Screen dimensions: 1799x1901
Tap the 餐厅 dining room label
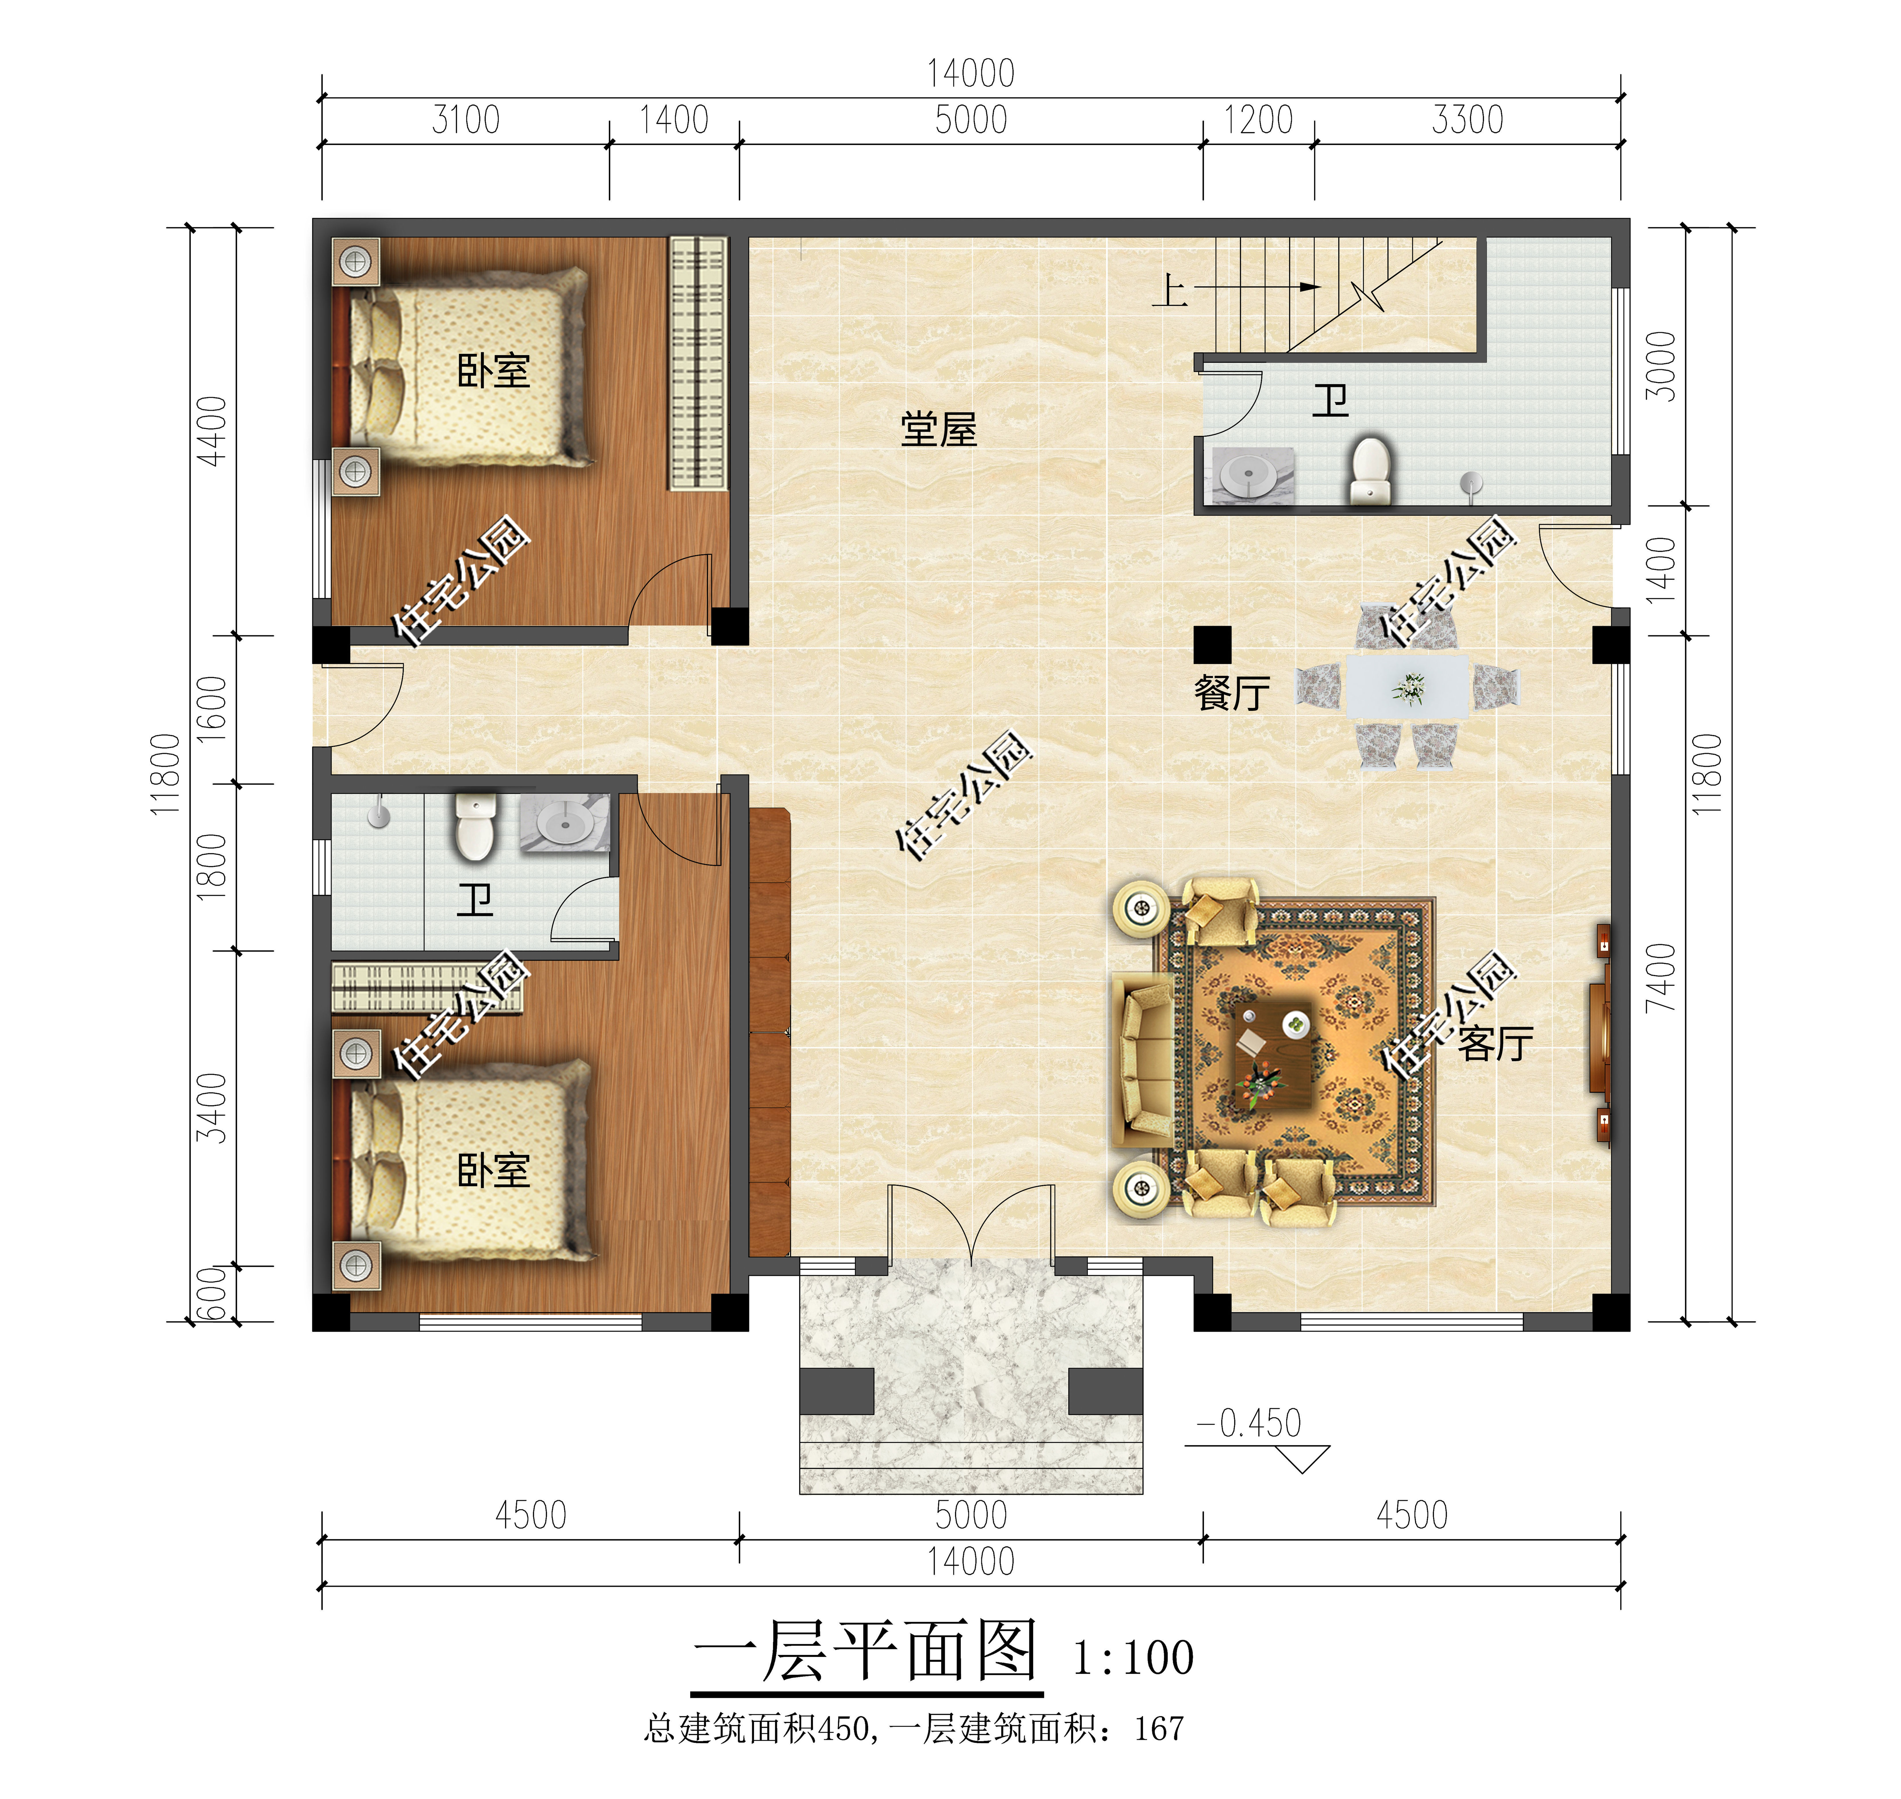pyautogui.click(x=1231, y=692)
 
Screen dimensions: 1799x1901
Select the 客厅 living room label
pyautogui.click(x=1494, y=1043)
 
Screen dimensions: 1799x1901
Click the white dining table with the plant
pyautogui.click(x=1407, y=687)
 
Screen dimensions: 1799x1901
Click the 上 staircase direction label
pyautogui.click(x=1169, y=290)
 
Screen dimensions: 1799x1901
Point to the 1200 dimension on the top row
pyautogui.click(x=1258, y=121)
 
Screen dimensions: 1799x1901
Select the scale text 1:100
pyautogui.click(x=1133, y=1658)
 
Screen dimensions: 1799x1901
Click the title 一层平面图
pyautogui.click(x=866, y=1651)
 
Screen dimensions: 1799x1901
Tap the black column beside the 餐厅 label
pyautogui.click(x=1212, y=644)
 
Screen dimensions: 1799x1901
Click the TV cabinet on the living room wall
pyautogui.click(x=1599, y=1034)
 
